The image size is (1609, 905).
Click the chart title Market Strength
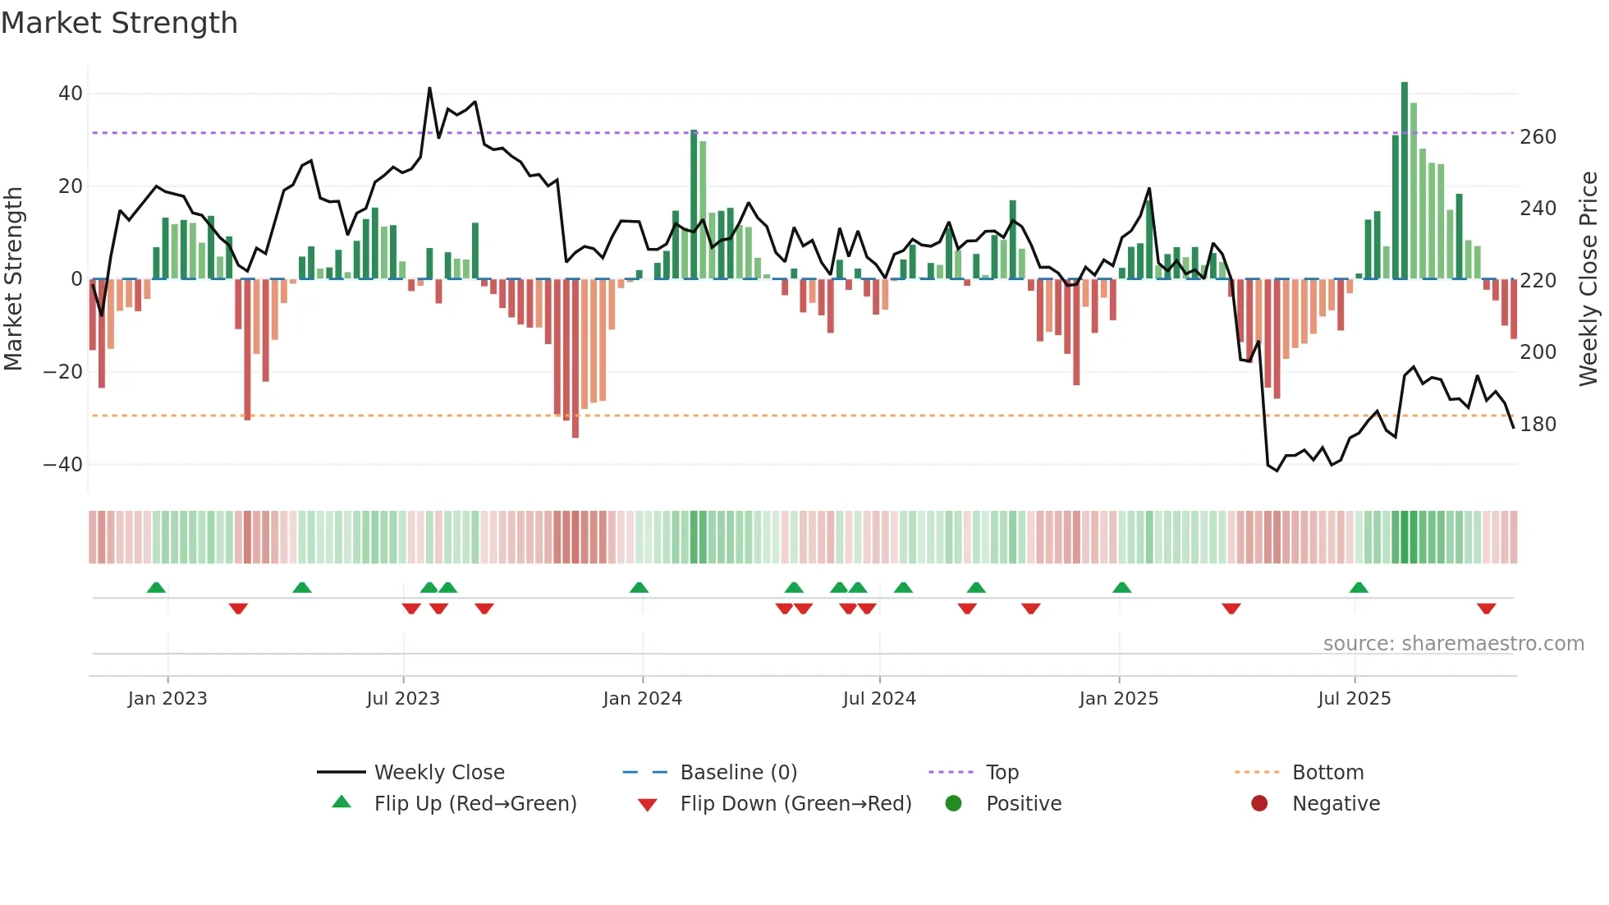[x=120, y=23]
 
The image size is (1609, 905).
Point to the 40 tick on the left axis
[x=71, y=94]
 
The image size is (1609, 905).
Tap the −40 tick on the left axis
[x=64, y=465]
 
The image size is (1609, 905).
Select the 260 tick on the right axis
[x=1538, y=137]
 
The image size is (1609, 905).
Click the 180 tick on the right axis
[x=1538, y=425]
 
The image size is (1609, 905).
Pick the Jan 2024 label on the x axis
[x=642, y=699]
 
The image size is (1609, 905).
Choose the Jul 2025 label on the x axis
[x=1354, y=699]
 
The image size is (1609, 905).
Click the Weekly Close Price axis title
[x=1589, y=279]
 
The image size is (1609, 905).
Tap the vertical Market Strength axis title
[x=13, y=279]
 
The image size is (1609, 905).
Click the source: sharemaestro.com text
[x=1453, y=644]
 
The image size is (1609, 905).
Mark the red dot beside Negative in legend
[x=1259, y=803]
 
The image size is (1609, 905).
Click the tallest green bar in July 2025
[x=1405, y=181]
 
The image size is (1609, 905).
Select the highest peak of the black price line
[x=429, y=89]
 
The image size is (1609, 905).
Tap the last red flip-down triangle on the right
[x=1486, y=609]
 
